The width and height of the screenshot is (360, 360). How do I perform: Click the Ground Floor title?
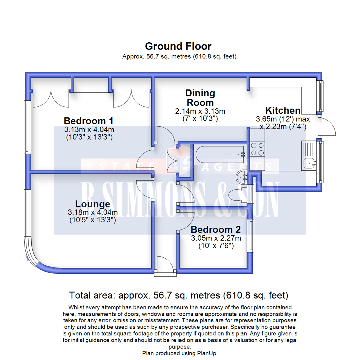tap(178, 46)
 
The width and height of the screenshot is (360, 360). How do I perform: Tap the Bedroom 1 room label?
tap(89, 120)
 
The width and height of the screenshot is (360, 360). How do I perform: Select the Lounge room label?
tap(92, 204)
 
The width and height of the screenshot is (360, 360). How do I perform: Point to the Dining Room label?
tap(200, 97)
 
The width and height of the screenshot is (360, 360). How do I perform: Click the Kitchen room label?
tap(283, 110)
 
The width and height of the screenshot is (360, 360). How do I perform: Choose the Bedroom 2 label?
tap(216, 230)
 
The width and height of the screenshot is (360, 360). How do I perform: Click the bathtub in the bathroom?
tap(220, 155)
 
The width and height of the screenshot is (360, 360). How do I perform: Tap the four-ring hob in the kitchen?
tap(257, 149)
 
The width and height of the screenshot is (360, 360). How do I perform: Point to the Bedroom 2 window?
tap(250, 236)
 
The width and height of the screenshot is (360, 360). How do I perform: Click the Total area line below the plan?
tap(178, 295)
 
